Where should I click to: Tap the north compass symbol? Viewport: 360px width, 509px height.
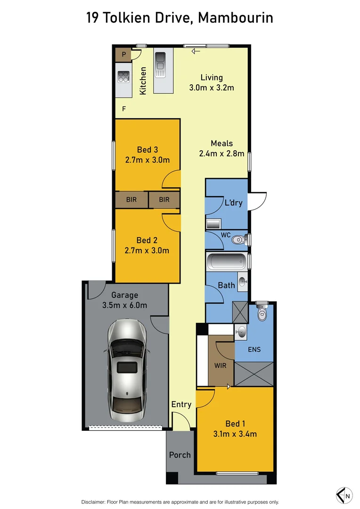pos(344,495)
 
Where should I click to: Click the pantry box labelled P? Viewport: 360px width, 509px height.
pos(123,55)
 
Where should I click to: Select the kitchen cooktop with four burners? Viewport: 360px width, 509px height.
pos(123,77)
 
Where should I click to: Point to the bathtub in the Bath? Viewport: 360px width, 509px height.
pos(227,261)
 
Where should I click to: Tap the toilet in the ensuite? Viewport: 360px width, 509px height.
pos(262,312)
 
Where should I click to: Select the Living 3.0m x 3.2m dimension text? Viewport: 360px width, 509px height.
pos(212,88)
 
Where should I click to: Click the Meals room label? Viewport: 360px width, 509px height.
pos(221,144)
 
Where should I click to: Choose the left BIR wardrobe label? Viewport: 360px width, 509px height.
pos(131,200)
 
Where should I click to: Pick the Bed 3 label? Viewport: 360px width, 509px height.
pos(147,150)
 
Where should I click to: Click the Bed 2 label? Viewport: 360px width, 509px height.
pos(147,240)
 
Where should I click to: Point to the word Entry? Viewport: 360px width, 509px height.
pos(181,404)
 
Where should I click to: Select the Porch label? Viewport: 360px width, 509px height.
pos(180,455)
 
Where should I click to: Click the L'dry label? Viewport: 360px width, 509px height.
pos(233,203)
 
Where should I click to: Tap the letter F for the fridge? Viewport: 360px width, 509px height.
pos(124,109)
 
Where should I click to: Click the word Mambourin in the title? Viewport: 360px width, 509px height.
pos(236,18)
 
